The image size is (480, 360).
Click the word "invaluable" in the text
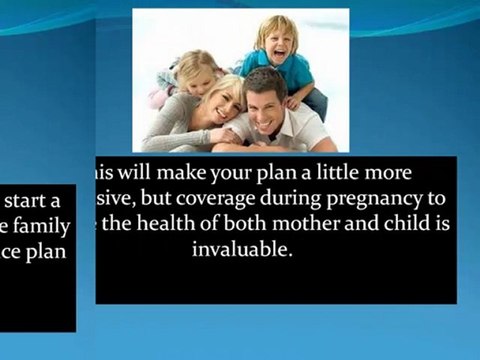[241, 250]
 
